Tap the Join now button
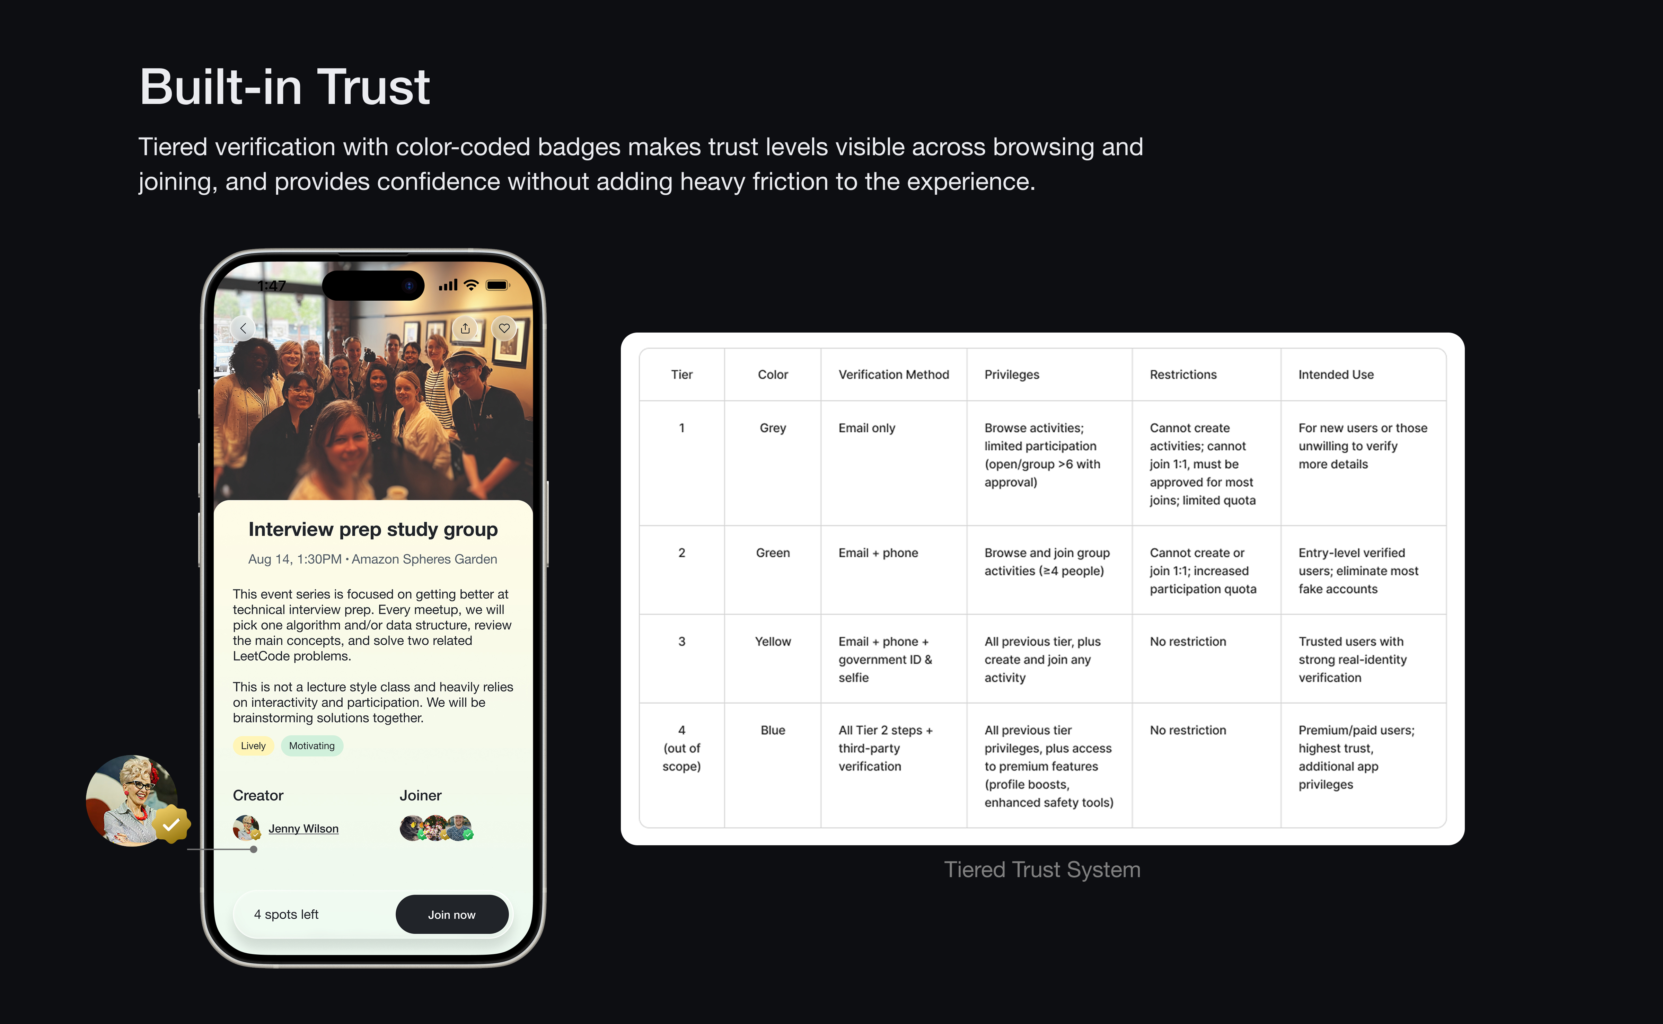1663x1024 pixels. (x=452, y=914)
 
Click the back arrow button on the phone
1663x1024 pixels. (x=243, y=328)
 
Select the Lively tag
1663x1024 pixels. (x=253, y=745)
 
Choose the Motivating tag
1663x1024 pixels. (x=311, y=745)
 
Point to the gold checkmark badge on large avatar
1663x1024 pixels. (x=171, y=824)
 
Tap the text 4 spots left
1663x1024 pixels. (x=286, y=914)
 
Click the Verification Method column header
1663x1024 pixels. (x=894, y=374)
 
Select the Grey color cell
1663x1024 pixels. (x=773, y=428)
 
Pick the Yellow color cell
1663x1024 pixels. (x=773, y=641)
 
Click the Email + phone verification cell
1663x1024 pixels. (x=878, y=553)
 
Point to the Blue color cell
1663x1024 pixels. (x=773, y=730)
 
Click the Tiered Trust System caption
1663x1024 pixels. (x=1042, y=869)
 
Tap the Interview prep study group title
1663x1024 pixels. (x=373, y=529)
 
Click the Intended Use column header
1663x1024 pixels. (x=1336, y=374)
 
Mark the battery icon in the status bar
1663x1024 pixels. (x=498, y=285)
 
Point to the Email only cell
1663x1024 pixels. (x=867, y=428)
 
